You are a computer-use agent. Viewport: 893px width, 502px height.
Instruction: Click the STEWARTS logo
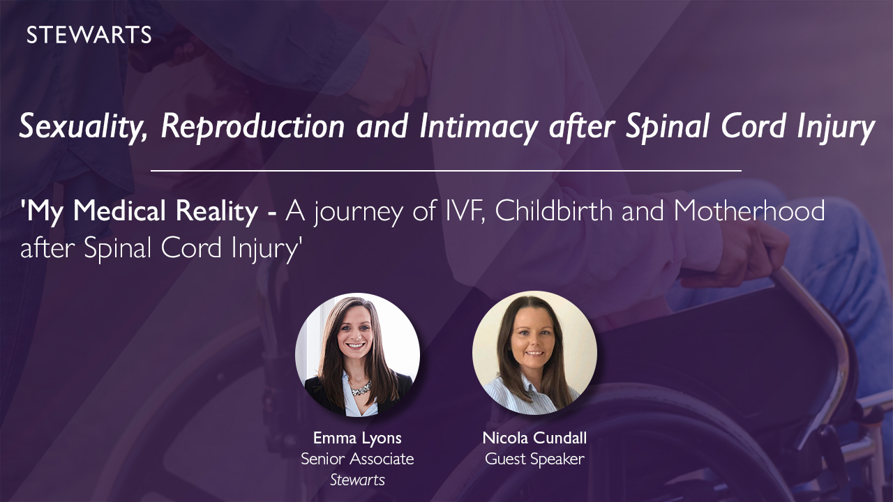89,35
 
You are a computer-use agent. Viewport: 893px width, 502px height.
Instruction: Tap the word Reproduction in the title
253,127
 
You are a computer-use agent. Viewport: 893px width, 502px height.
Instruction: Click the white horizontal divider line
446,171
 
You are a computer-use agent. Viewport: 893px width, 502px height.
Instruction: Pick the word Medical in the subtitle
119,211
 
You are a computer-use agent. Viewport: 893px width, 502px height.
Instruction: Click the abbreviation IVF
465,211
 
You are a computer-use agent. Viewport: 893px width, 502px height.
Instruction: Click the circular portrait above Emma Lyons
358,356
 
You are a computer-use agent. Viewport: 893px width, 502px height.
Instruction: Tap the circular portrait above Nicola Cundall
534,353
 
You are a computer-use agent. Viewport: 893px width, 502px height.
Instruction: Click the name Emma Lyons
357,438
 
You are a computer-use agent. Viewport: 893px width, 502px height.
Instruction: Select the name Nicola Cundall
534,438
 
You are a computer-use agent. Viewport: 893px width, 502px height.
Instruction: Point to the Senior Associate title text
357,459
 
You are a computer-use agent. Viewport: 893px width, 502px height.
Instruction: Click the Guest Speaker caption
534,459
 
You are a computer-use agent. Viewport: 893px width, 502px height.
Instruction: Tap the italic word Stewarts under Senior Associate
357,480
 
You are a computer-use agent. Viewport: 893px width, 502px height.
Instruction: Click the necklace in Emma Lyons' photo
361,388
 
